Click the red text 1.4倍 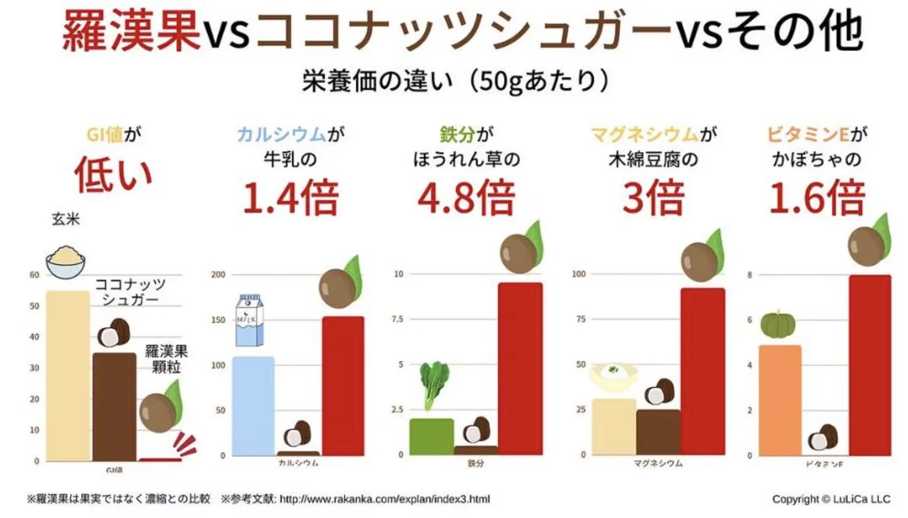pyautogui.click(x=290, y=199)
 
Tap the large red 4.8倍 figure pyautogui.click(x=466, y=199)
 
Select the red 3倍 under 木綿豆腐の pyautogui.click(x=653, y=199)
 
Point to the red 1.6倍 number pyautogui.click(x=817, y=199)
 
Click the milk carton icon pyautogui.click(x=250, y=320)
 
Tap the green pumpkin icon pyautogui.click(x=778, y=324)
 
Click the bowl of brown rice pyautogui.click(x=66, y=261)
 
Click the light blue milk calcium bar pyautogui.click(x=253, y=406)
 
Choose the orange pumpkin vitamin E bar pyautogui.click(x=780, y=400)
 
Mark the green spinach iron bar pyautogui.click(x=431, y=437)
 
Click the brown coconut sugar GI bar pyautogui.click(x=115, y=406)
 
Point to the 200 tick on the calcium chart pyautogui.click(x=218, y=275)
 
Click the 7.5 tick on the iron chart pyautogui.click(x=397, y=319)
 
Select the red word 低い pyautogui.click(x=113, y=175)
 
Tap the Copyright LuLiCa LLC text pyautogui.click(x=831, y=499)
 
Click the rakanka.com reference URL pyautogui.click(x=384, y=499)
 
